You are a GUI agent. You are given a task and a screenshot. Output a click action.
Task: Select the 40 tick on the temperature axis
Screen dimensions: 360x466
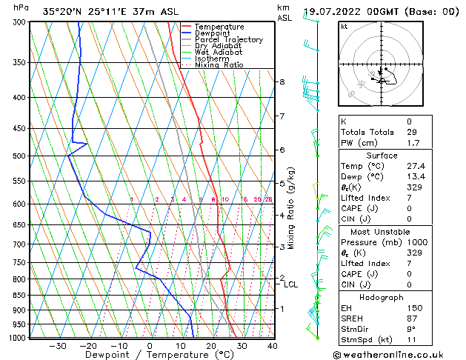coord(272,345)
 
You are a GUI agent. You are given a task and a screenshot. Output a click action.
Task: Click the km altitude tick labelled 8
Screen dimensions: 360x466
coord(282,81)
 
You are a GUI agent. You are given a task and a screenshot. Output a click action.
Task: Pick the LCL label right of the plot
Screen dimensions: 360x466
coord(291,284)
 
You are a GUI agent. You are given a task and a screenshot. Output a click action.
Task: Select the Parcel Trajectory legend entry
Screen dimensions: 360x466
coord(228,40)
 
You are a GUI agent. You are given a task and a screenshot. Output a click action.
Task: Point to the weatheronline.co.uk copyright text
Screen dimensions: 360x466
coord(392,354)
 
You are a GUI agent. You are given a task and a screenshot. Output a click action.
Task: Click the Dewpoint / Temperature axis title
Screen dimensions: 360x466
coord(149,355)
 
